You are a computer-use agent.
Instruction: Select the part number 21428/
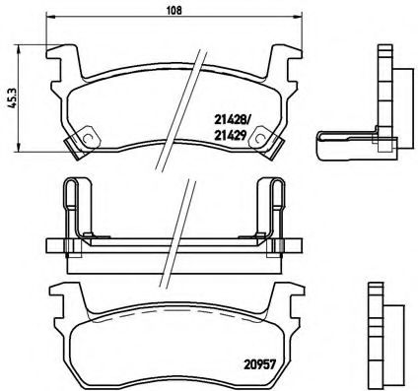coord(234,118)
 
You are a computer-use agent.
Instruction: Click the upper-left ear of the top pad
coord(61,61)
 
